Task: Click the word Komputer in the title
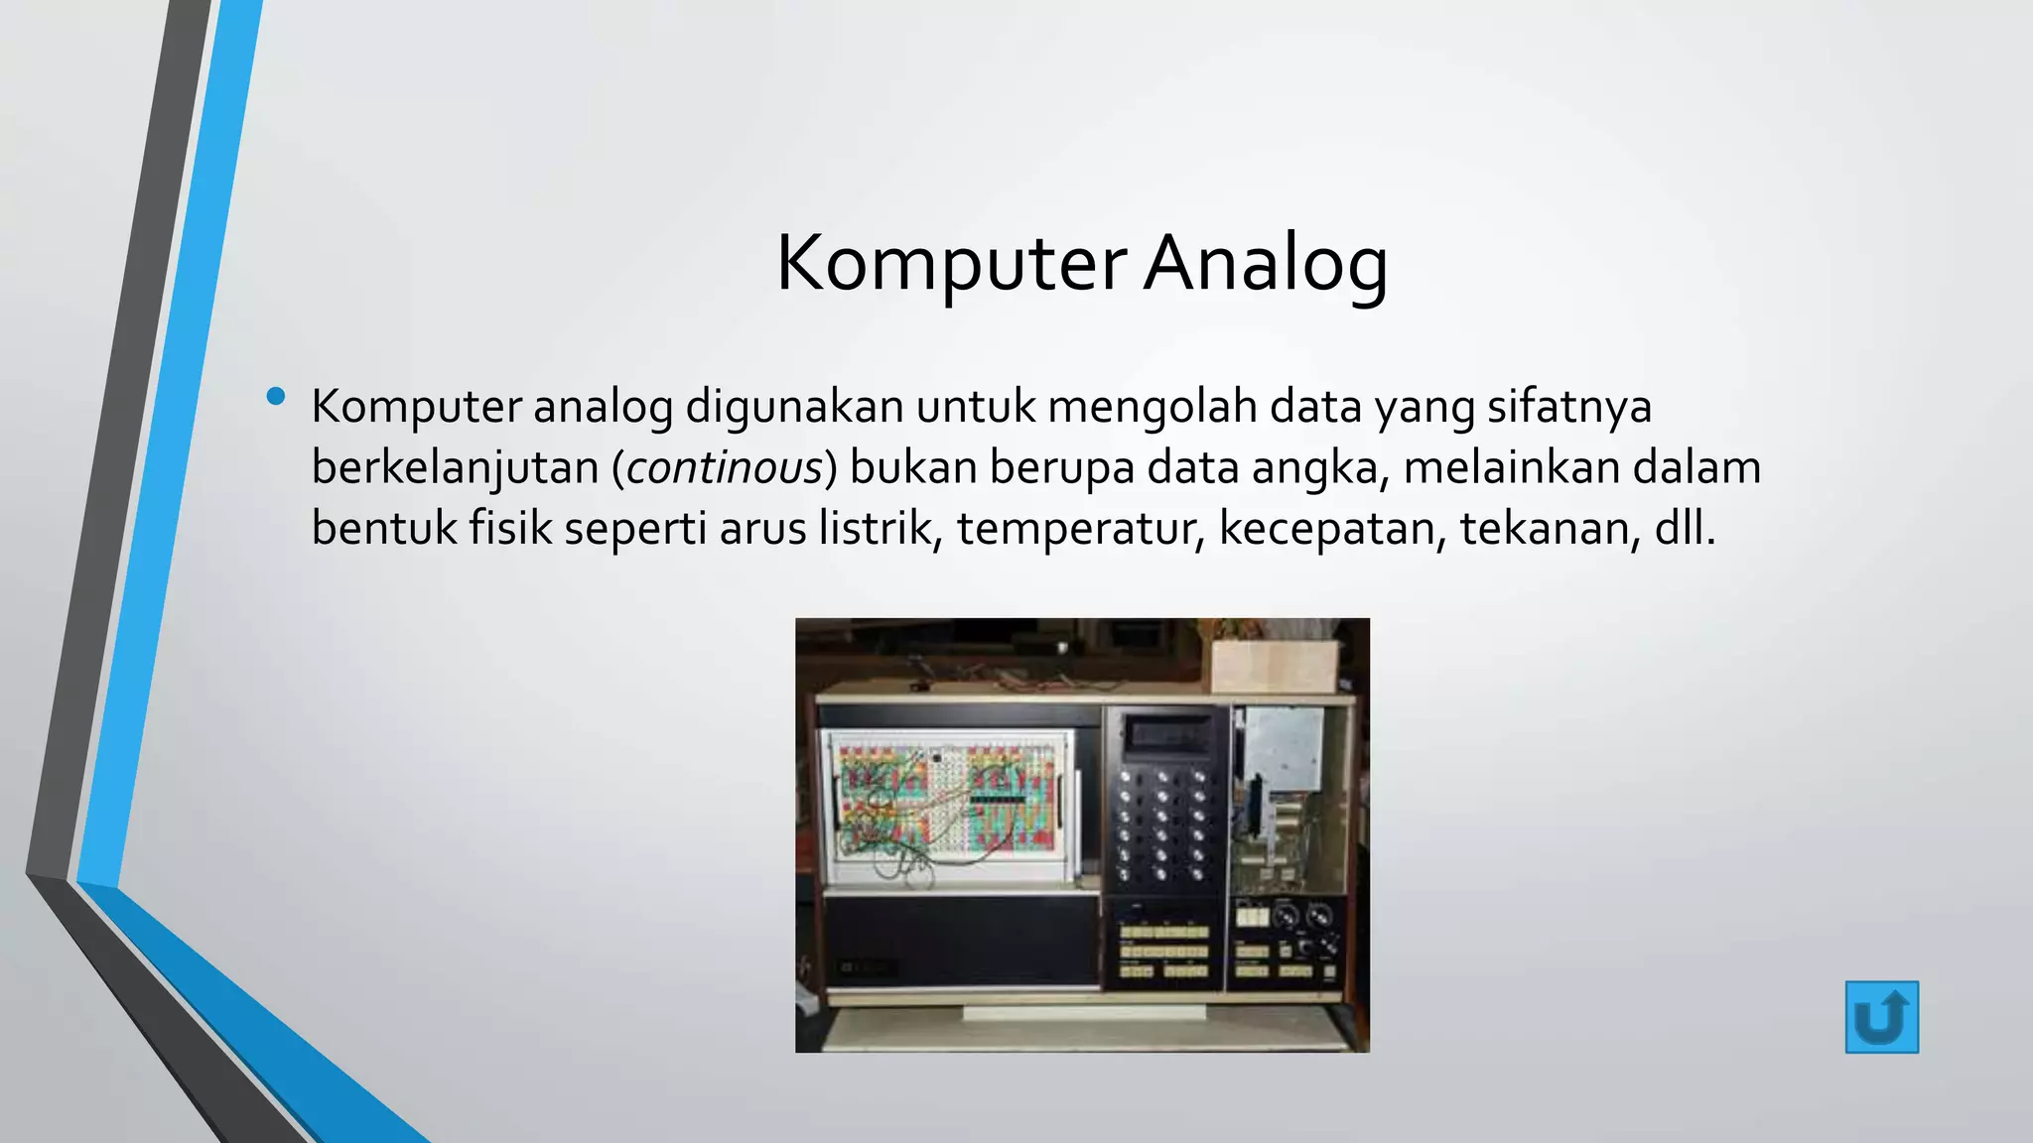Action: [950, 264]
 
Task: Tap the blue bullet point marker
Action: [276, 398]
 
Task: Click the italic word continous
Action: [725, 467]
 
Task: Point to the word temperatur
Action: [1080, 528]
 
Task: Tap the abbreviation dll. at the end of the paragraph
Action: [1685, 528]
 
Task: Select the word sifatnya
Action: [1568, 407]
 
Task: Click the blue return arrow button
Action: [1881, 1017]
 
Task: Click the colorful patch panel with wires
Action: [946, 804]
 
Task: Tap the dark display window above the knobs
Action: [1164, 734]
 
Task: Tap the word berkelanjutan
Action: [455, 467]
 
